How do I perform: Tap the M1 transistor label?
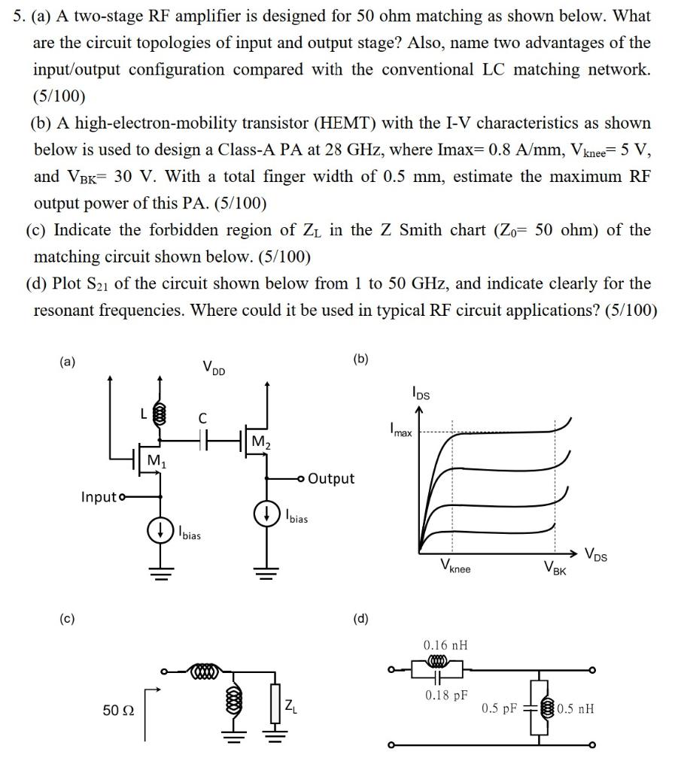point(157,460)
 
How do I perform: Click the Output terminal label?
point(331,478)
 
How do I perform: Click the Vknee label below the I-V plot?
point(455,568)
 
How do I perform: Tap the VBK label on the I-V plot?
point(558,568)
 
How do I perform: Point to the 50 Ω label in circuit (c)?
point(116,708)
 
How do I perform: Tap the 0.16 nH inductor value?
point(445,644)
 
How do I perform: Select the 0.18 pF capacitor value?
point(445,695)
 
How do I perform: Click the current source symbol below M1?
point(160,530)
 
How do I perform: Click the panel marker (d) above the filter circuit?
point(362,620)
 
